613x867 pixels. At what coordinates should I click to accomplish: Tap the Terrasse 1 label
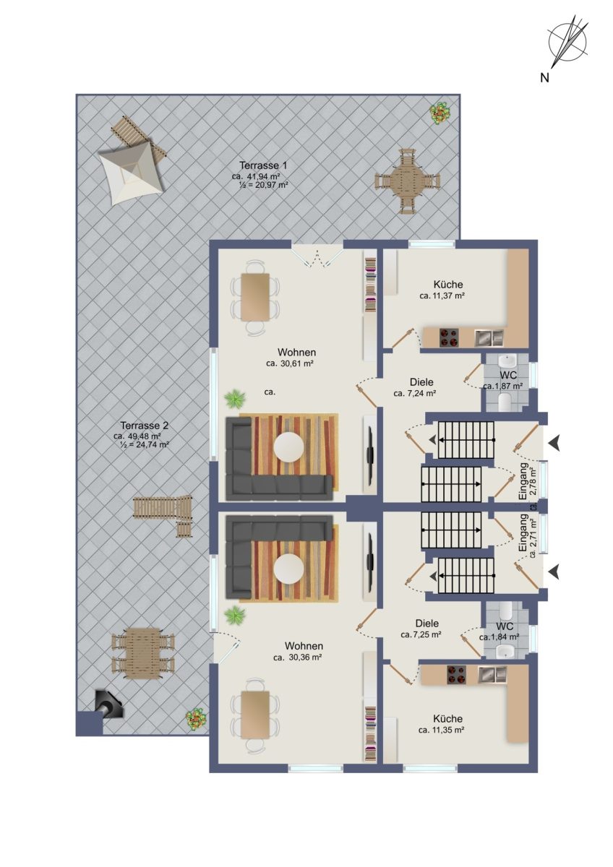click(263, 165)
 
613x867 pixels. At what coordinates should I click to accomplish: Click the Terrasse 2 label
click(144, 426)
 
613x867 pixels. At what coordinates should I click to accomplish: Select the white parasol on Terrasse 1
click(129, 171)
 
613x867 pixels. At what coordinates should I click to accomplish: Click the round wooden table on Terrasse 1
click(408, 181)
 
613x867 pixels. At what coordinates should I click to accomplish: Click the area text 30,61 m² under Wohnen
click(290, 363)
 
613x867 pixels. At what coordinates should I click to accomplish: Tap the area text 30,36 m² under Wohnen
click(298, 657)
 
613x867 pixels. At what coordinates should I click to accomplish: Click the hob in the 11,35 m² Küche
click(458, 674)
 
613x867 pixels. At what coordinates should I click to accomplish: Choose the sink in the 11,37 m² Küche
click(489, 337)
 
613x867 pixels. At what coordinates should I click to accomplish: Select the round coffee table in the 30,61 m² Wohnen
click(288, 447)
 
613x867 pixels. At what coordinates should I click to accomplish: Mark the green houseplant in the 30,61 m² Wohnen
click(235, 399)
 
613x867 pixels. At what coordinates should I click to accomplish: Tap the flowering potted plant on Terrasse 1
click(441, 113)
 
